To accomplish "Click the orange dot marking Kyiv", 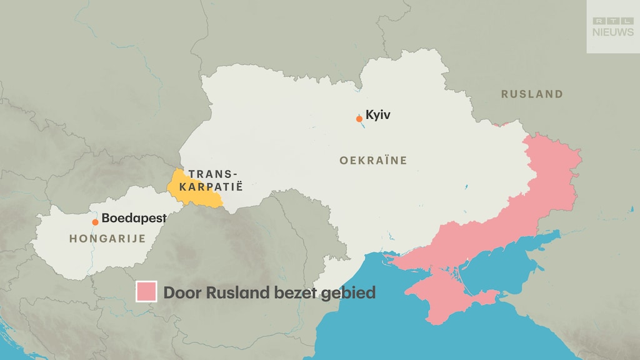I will point(359,119).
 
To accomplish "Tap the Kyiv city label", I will point(378,114).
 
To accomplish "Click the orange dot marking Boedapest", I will point(95,222).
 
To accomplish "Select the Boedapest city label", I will point(134,219).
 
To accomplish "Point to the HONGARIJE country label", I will point(107,238).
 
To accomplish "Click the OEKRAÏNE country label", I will point(373,161).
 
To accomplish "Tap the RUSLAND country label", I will point(532,94).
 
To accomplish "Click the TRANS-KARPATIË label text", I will point(214,180).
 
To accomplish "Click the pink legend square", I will point(146,292).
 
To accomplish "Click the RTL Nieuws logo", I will point(612,27).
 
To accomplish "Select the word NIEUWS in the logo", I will point(612,32).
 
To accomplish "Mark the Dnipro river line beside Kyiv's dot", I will point(361,127).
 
